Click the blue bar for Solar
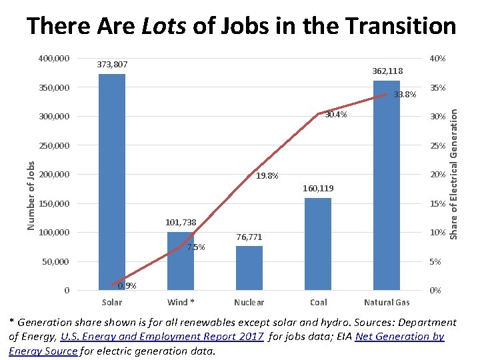click(x=112, y=181)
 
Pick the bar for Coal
click(x=317, y=244)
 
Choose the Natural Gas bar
click(x=387, y=185)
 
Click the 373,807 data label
click(x=112, y=65)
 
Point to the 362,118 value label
click(x=387, y=71)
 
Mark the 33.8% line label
click(x=405, y=95)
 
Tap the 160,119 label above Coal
click(x=318, y=189)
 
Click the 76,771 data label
click(x=249, y=237)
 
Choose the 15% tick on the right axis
click(x=437, y=203)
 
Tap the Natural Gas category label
click(x=387, y=303)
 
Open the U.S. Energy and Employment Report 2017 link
click(x=162, y=336)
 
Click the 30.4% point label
click(x=336, y=115)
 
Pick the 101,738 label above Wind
click(x=181, y=223)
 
